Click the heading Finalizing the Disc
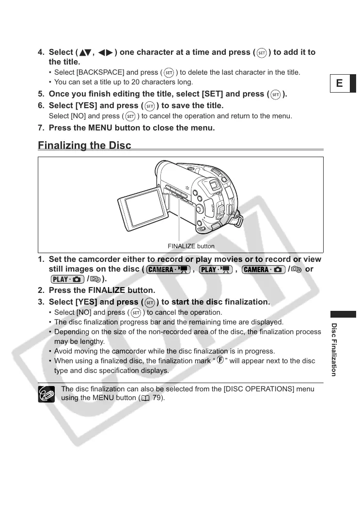click(84, 145)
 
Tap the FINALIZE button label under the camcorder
click(191, 246)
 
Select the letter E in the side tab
click(340, 83)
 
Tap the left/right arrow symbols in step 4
click(106, 52)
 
